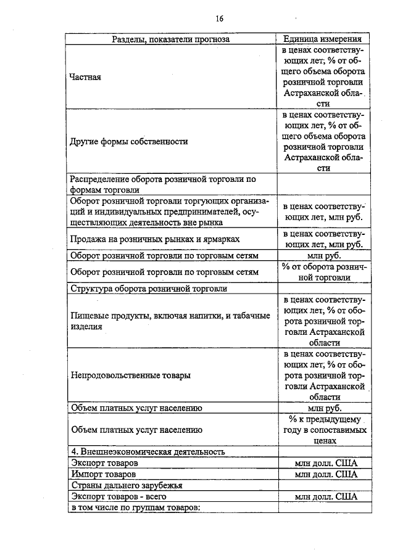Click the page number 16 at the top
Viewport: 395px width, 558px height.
tap(220, 18)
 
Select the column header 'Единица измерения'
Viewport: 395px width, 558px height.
tap(324, 39)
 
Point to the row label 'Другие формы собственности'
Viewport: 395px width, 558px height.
tap(129, 141)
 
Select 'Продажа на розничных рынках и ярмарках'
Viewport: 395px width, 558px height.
tap(155, 238)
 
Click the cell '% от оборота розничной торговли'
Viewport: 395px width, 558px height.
tap(324, 272)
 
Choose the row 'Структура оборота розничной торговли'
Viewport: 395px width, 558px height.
tap(149, 288)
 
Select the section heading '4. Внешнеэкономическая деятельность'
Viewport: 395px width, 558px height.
tap(147, 451)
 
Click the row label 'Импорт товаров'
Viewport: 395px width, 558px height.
tap(103, 474)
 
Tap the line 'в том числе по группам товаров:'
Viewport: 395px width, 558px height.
tap(136, 507)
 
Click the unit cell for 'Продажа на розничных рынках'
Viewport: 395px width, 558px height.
tap(324, 238)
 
